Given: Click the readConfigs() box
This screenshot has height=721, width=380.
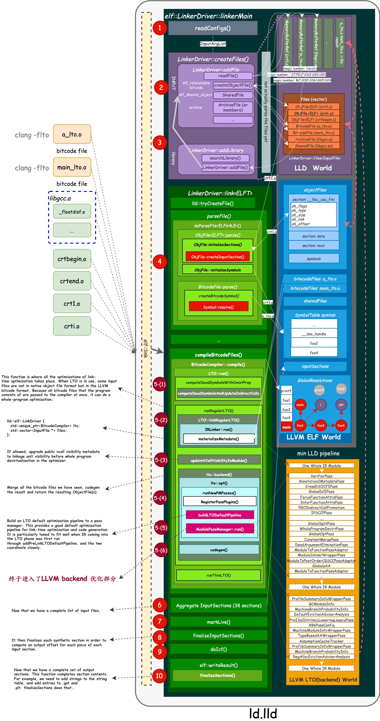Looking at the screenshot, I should (x=213, y=28).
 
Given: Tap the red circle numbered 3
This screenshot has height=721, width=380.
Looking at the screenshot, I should (x=160, y=143).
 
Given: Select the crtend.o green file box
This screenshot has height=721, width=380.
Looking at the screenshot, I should (x=72, y=281).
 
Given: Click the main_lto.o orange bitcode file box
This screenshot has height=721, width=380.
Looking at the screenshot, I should (x=72, y=167).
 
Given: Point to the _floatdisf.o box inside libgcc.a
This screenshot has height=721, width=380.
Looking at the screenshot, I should (x=72, y=212).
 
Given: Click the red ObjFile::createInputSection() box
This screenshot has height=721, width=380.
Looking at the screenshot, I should (x=217, y=257).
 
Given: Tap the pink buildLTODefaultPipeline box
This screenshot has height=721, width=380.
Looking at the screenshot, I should (x=220, y=515).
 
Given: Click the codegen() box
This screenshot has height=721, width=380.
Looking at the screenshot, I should (x=219, y=550).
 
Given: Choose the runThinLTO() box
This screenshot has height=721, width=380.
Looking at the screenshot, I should (x=218, y=575).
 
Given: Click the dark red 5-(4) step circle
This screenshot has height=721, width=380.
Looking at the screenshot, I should (x=160, y=498).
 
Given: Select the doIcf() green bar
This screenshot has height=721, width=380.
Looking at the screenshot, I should (x=218, y=649).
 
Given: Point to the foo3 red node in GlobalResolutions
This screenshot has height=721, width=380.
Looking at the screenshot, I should (x=320, y=425).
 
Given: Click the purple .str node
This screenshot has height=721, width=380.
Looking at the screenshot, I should (x=341, y=404).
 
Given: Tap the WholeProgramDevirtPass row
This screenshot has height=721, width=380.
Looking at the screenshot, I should (x=321, y=528).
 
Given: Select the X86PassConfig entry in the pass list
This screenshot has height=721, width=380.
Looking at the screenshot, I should (x=321, y=625).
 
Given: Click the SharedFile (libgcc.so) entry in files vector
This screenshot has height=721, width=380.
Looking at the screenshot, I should (x=314, y=146).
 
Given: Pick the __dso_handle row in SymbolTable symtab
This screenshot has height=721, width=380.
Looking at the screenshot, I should (x=314, y=334).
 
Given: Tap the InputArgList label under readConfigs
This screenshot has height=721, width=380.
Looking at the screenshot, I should (x=213, y=44).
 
